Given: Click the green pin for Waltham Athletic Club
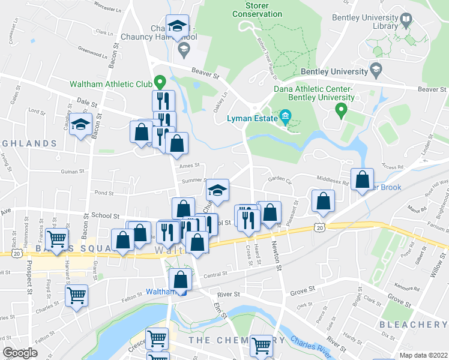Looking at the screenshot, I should (160, 80).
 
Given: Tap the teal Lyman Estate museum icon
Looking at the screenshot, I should (285, 115).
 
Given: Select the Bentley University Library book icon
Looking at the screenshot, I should (406, 22).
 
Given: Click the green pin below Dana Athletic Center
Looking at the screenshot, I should (341, 110).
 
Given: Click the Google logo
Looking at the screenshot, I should (20, 353).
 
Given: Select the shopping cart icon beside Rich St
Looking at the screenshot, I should (57, 239).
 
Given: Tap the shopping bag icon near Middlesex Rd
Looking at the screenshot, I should (363, 179).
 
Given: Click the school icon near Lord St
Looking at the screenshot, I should (79, 125).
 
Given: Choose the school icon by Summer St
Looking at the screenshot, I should (217, 190).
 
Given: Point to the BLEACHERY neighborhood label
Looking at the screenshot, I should (414, 325).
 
